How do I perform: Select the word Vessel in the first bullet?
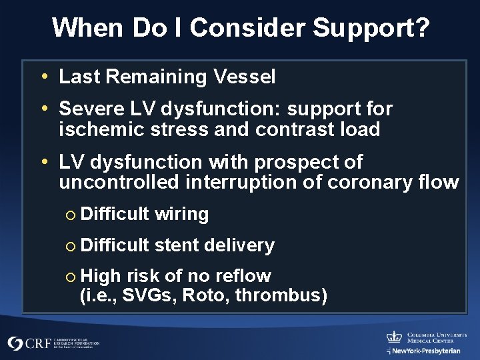tap(245, 77)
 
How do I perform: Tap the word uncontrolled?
tap(117, 182)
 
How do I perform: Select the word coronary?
tap(367, 182)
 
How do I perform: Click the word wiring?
tap(181, 214)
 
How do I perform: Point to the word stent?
tap(176, 245)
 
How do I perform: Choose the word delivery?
tap(239, 245)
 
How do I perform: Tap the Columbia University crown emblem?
tap(394, 337)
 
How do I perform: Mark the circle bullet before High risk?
tap(71, 277)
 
